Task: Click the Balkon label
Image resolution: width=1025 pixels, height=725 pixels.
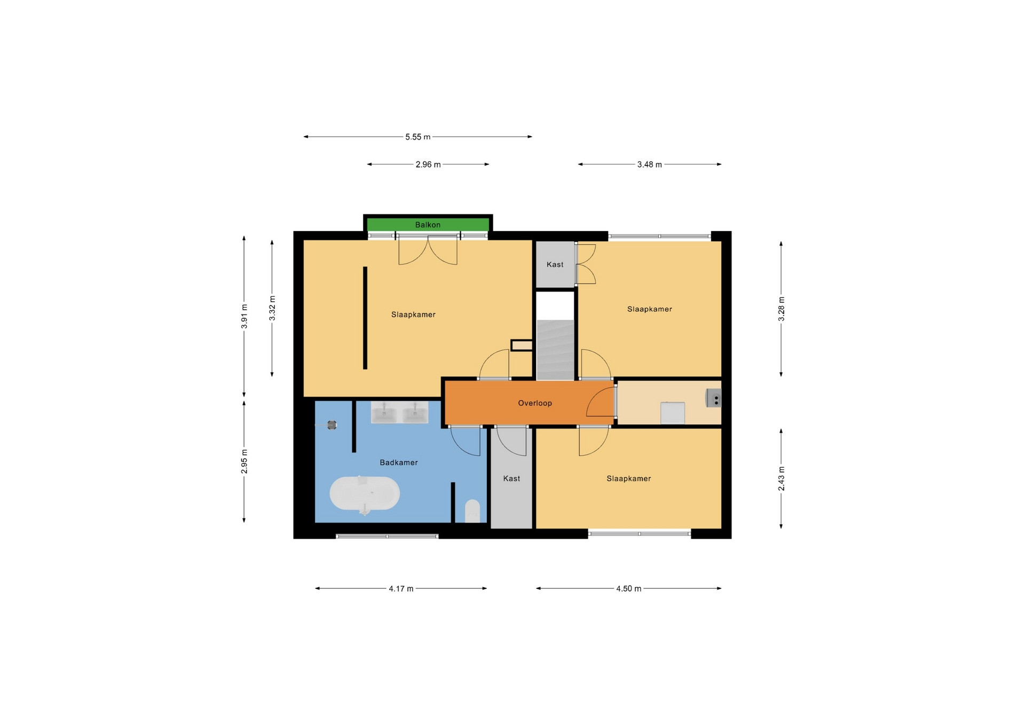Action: point(428,225)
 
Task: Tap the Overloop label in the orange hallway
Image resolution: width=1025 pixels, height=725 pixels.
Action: point(535,403)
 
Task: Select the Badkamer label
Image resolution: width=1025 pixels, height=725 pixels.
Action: point(399,462)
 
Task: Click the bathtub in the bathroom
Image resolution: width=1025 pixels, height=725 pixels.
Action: point(365,493)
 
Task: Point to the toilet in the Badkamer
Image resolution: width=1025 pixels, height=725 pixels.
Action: point(472,511)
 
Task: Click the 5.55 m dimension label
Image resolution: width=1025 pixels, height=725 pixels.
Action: point(417,137)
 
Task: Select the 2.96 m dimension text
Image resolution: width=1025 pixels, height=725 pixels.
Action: point(428,164)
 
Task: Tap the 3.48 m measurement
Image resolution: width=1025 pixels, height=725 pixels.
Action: point(650,164)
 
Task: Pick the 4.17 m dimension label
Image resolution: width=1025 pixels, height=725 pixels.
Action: point(401,588)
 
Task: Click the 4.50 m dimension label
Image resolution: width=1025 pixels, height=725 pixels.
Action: point(629,588)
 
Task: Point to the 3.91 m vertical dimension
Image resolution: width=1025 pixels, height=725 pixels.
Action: point(245,316)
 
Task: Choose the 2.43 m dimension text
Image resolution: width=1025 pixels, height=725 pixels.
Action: point(781,478)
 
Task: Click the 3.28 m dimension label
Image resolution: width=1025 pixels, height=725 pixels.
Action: point(781,309)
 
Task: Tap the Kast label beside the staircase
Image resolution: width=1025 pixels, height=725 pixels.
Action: point(555,264)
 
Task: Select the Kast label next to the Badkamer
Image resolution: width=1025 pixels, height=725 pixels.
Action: point(511,478)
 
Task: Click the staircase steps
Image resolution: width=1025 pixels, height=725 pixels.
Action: point(555,350)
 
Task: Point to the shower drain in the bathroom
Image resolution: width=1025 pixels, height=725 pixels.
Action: point(332,425)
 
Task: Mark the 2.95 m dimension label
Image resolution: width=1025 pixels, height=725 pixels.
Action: point(245,461)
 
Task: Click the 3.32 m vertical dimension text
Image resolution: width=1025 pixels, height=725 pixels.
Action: point(272,308)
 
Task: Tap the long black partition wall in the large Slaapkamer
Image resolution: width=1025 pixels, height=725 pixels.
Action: point(365,318)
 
